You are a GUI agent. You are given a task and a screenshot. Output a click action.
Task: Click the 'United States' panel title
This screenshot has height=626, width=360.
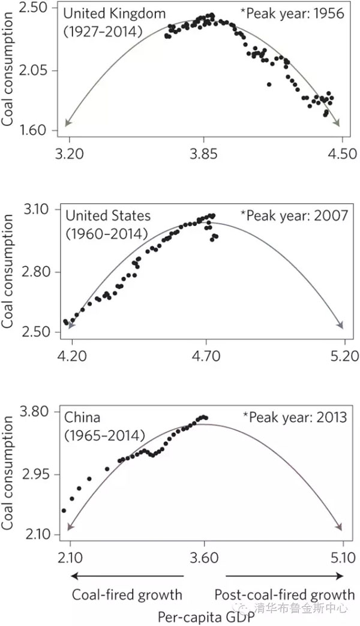click(108, 215)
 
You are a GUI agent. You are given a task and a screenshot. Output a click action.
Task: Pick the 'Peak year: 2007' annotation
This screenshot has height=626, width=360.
click(294, 215)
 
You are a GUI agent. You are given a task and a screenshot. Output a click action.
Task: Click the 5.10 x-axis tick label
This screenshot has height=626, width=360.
click(343, 558)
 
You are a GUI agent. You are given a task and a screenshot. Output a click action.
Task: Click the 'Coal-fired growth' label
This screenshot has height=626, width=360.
click(127, 595)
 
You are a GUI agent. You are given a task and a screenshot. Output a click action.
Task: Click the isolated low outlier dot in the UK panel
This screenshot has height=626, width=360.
click(269, 85)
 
